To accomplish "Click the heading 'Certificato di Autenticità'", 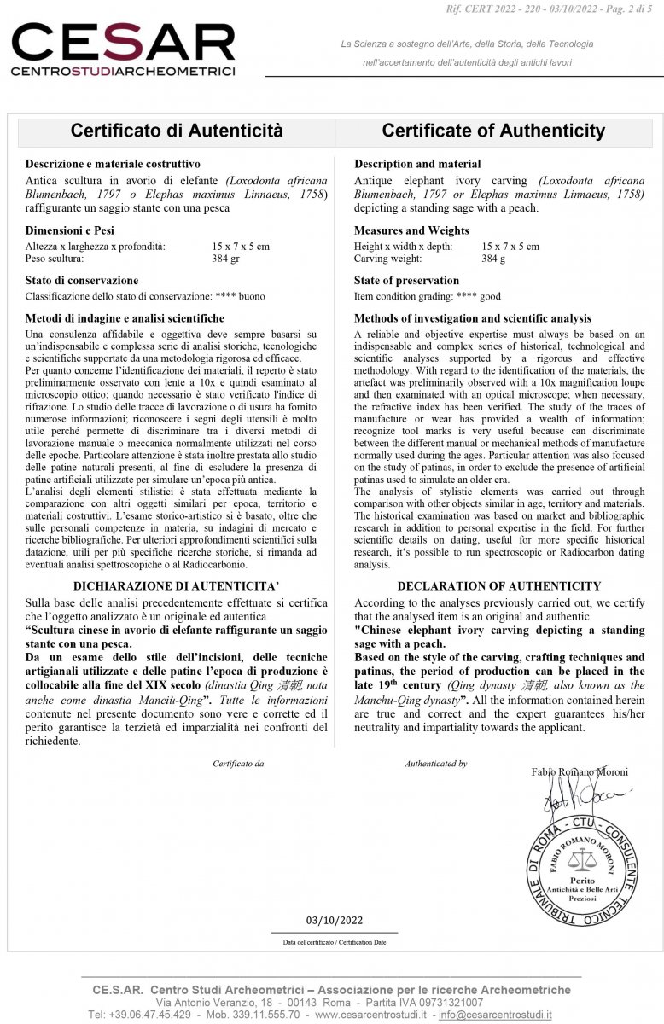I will point(177,131).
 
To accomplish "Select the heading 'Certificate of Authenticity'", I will point(493,131).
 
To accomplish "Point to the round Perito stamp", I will point(581,871).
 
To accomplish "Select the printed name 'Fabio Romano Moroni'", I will point(579,772).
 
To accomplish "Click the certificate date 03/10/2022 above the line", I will point(335,920).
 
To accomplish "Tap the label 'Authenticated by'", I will point(435,764).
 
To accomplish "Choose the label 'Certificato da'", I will point(238,764).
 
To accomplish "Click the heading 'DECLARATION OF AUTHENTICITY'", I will point(499,586).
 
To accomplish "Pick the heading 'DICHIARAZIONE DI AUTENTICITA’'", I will point(177,586).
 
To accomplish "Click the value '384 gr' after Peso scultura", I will point(226,259).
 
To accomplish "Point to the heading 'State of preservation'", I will point(406,280).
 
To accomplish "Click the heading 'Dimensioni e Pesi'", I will point(70,230).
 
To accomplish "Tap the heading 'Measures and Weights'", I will point(411,230).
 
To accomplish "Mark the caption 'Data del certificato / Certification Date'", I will point(335,942).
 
